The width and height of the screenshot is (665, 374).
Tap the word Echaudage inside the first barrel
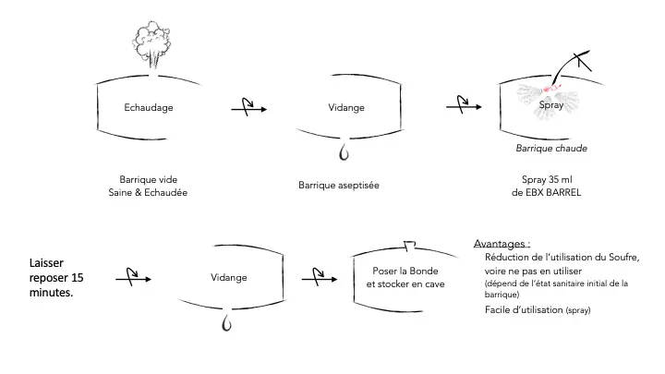pos(149,108)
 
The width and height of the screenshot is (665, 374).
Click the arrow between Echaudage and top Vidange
pos(248,108)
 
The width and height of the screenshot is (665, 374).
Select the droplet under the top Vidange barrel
pos(344,149)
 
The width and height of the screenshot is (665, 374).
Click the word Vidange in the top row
pos(346,108)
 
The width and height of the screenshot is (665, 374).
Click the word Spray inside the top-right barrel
pos(550,107)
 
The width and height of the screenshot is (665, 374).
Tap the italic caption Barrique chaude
pos(550,148)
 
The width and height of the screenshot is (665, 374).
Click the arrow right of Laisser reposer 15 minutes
pos(133,276)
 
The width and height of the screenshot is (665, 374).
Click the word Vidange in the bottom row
pos(229,276)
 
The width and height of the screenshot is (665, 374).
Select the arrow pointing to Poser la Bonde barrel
pos(323,276)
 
